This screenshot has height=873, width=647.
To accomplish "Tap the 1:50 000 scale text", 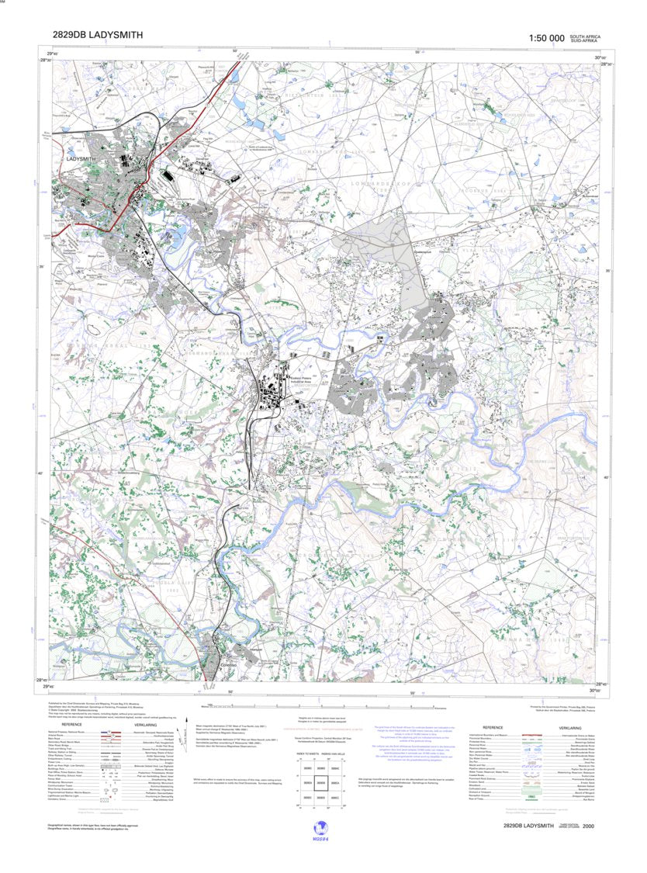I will click(x=546, y=38).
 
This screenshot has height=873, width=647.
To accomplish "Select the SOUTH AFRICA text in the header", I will click(x=585, y=36).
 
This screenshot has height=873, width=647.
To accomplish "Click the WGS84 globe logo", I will click(x=319, y=829).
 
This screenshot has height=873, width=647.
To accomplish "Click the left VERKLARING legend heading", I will click(x=152, y=726).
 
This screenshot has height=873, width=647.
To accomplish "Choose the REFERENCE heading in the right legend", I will click(x=494, y=727).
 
